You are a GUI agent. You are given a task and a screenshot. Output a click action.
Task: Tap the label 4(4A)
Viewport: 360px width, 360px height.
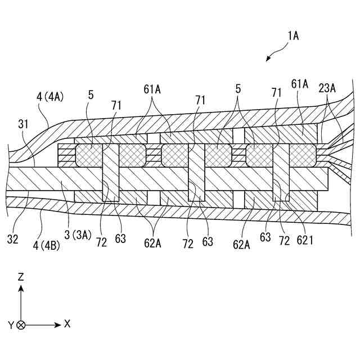pyautogui.click(x=50, y=97)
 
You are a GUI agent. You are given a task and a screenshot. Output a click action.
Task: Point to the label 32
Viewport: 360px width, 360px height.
pyautogui.click(x=13, y=239)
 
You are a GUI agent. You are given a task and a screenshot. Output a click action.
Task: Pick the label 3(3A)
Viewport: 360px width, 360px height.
pyautogui.click(x=77, y=235)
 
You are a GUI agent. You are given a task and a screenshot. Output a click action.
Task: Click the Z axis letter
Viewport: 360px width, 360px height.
pyautogui.click(x=21, y=277)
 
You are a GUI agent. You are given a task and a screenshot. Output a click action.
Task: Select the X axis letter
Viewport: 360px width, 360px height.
pyautogui.click(x=67, y=324)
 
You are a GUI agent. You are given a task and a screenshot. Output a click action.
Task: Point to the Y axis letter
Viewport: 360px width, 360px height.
pyautogui.click(x=11, y=325)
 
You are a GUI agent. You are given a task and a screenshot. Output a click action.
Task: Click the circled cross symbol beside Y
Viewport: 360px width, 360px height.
pyautogui.click(x=21, y=325)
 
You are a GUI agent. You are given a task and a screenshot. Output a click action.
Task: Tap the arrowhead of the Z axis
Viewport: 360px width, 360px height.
pyautogui.click(x=21, y=288)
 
